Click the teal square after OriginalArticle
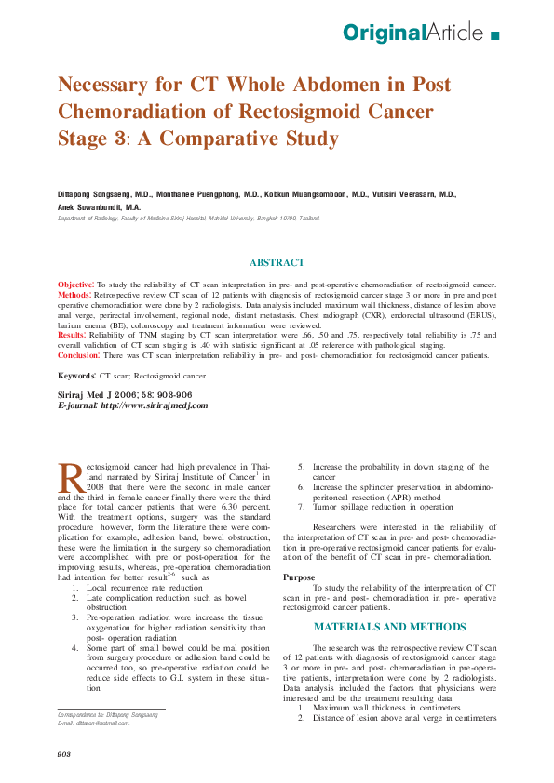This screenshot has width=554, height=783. (494, 35)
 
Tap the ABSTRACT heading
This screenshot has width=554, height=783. (277, 263)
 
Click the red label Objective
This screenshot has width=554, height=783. (75, 284)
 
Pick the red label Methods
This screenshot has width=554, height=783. (74, 294)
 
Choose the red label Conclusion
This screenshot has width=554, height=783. (78, 355)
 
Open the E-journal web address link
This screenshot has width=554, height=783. (154, 405)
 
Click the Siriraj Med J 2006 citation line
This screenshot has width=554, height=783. (125, 395)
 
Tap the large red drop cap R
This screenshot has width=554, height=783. (71, 479)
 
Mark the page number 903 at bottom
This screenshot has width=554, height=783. (64, 753)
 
